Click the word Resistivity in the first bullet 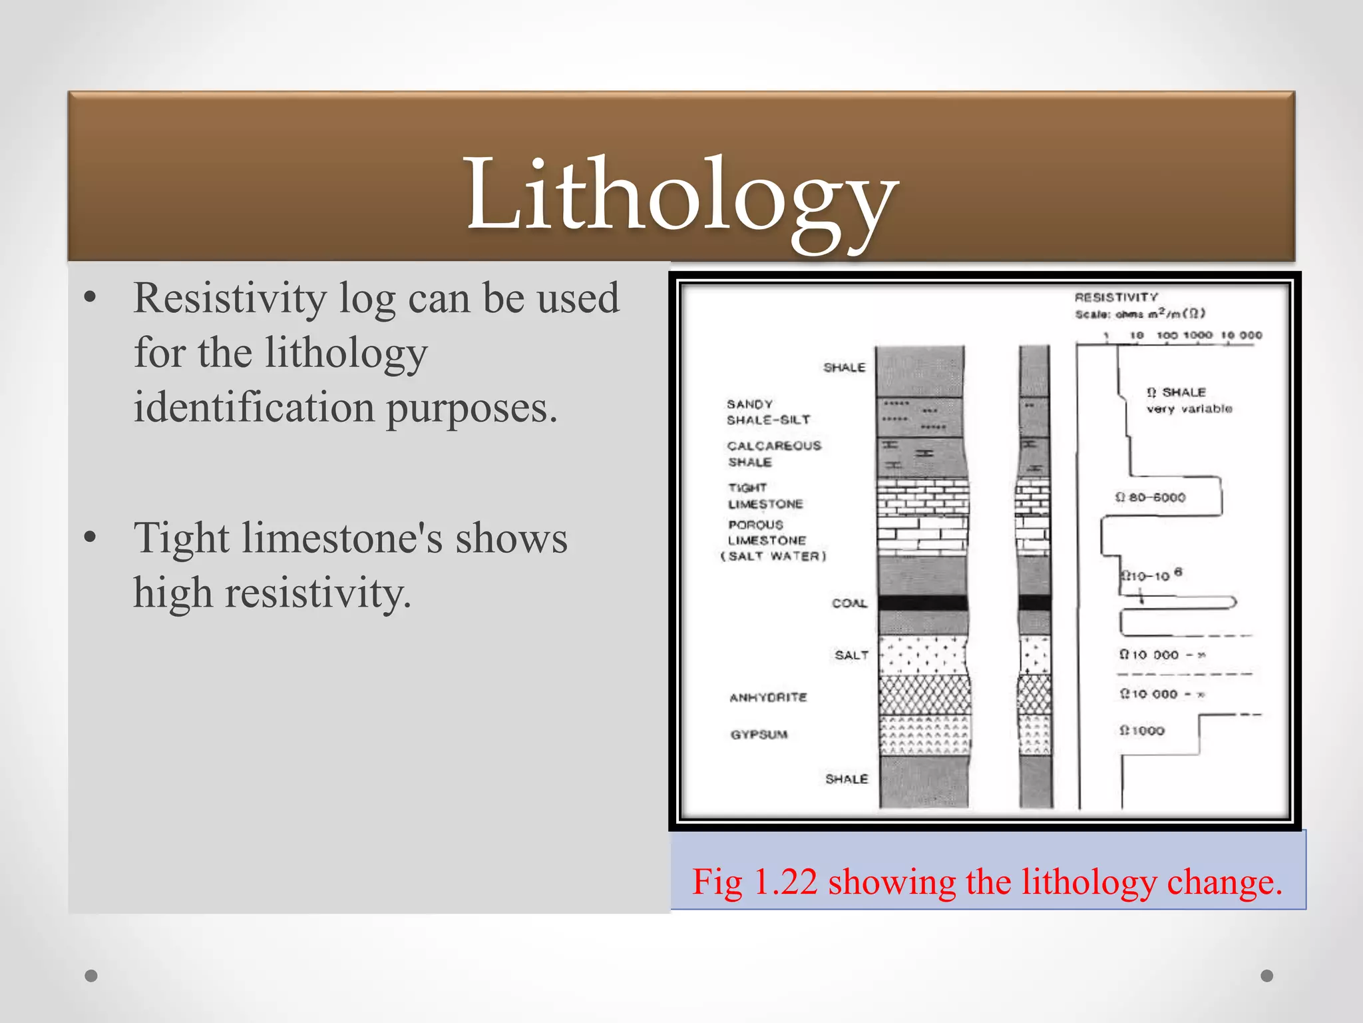tap(230, 298)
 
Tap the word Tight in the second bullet tap(181, 538)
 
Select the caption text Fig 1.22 tap(754, 882)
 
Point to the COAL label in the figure tap(849, 603)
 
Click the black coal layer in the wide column tap(922, 603)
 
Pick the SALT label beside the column tap(851, 655)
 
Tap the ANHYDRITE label tap(768, 697)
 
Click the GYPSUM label tap(759, 735)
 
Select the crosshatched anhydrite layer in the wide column tap(924, 695)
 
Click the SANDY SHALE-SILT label tap(768, 412)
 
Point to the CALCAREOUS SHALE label tap(773, 454)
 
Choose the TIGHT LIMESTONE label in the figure tap(765, 496)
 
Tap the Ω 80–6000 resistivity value tap(1151, 498)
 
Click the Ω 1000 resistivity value tap(1142, 731)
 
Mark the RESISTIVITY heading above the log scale tap(1116, 297)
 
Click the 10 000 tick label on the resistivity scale tap(1242, 335)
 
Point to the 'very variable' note tap(1189, 409)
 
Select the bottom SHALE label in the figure tap(847, 779)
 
